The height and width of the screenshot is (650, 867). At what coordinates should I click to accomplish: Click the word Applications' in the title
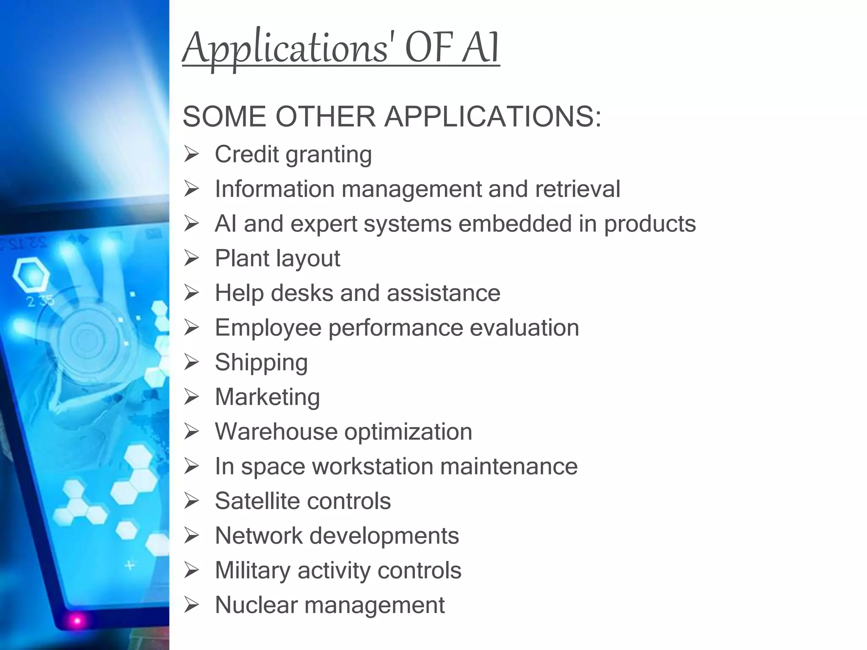tap(285, 49)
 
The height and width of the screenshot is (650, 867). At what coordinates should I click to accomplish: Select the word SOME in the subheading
tap(225, 116)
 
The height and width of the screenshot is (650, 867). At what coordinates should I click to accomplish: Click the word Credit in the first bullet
tap(247, 154)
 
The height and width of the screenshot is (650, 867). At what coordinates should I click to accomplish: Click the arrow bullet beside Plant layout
tap(191, 258)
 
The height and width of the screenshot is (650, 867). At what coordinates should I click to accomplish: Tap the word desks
tap(302, 293)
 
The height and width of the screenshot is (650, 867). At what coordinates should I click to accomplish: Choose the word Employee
tap(268, 328)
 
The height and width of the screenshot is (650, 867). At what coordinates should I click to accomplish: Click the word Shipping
tap(261, 363)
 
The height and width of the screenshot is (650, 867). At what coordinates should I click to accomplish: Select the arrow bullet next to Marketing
tap(191, 397)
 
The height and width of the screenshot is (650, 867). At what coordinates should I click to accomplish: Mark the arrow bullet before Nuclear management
tap(191, 605)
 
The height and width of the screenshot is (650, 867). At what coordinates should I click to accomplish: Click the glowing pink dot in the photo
tap(77, 620)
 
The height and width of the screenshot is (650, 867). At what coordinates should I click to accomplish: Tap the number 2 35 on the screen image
tap(40, 301)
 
